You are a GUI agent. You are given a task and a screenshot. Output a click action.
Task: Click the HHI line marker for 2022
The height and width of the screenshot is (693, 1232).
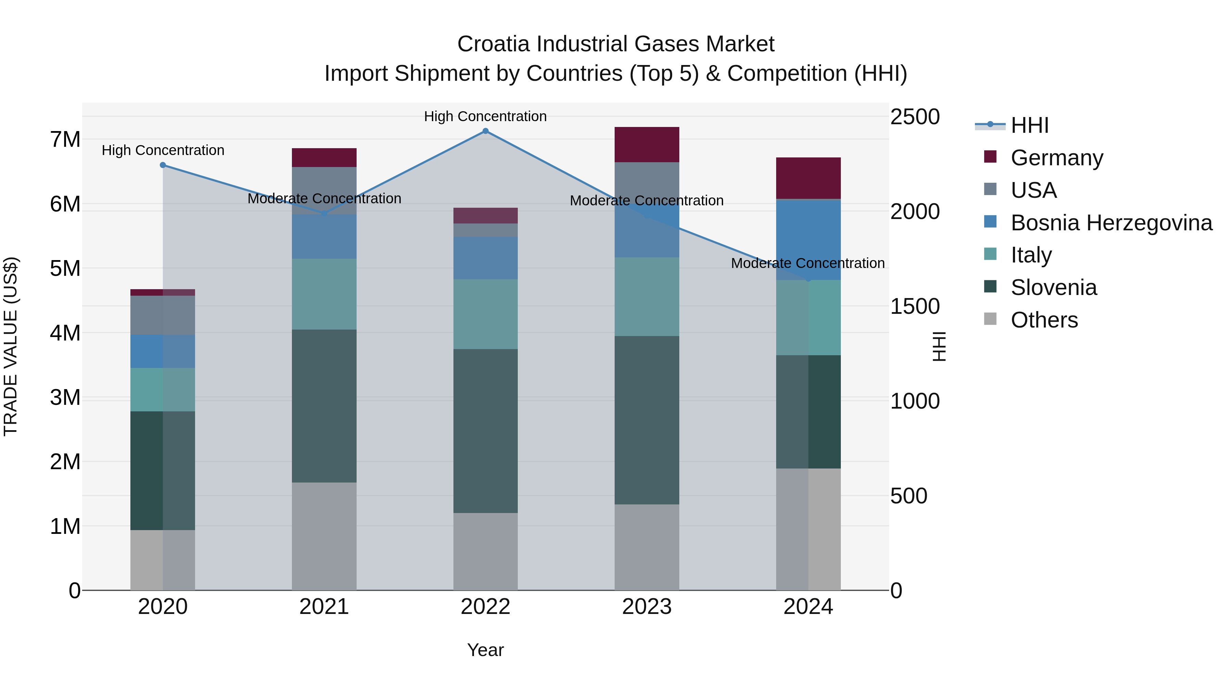coord(485,131)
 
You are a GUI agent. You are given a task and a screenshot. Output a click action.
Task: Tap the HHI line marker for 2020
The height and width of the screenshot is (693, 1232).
coord(163,165)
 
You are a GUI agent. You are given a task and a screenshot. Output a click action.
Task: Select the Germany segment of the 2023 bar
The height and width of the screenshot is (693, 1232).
coord(646,144)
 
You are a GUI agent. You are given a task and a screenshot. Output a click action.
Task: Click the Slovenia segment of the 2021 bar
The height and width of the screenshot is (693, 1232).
coord(324,406)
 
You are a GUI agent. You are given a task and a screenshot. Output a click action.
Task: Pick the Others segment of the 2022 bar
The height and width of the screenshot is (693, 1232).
coord(485,551)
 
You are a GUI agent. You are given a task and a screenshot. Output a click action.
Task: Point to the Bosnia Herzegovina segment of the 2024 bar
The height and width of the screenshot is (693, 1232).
coord(808,239)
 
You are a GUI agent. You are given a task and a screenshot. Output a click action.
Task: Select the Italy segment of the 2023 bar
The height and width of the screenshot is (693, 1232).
coord(646,296)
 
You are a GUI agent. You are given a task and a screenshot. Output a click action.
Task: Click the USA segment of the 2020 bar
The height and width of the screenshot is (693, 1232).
coord(163,315)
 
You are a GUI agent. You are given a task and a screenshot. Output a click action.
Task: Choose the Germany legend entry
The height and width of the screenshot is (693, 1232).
coord(1056,158)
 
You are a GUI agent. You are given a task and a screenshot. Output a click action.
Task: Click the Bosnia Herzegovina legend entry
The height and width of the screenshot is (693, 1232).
coord(1111,223)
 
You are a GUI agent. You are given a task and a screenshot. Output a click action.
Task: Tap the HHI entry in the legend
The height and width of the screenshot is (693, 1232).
coord(1029,125)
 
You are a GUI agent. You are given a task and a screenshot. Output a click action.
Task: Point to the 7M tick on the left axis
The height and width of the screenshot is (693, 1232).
coord(65,140)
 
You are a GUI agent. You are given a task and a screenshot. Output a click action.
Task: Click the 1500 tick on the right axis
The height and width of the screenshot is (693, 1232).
coord(914,307)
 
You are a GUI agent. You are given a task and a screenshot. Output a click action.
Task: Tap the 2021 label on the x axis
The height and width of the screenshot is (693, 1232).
coord(324,607)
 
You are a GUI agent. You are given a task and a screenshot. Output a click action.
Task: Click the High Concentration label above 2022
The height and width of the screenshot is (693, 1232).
coord(485,116)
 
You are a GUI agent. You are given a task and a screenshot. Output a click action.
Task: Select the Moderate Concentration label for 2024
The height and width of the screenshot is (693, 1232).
coord(807,263)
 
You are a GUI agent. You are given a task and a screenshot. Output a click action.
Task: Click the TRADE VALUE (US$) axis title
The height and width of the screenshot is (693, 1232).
coord(11,346)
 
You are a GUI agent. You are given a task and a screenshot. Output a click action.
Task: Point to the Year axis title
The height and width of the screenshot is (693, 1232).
coord(485,650)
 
